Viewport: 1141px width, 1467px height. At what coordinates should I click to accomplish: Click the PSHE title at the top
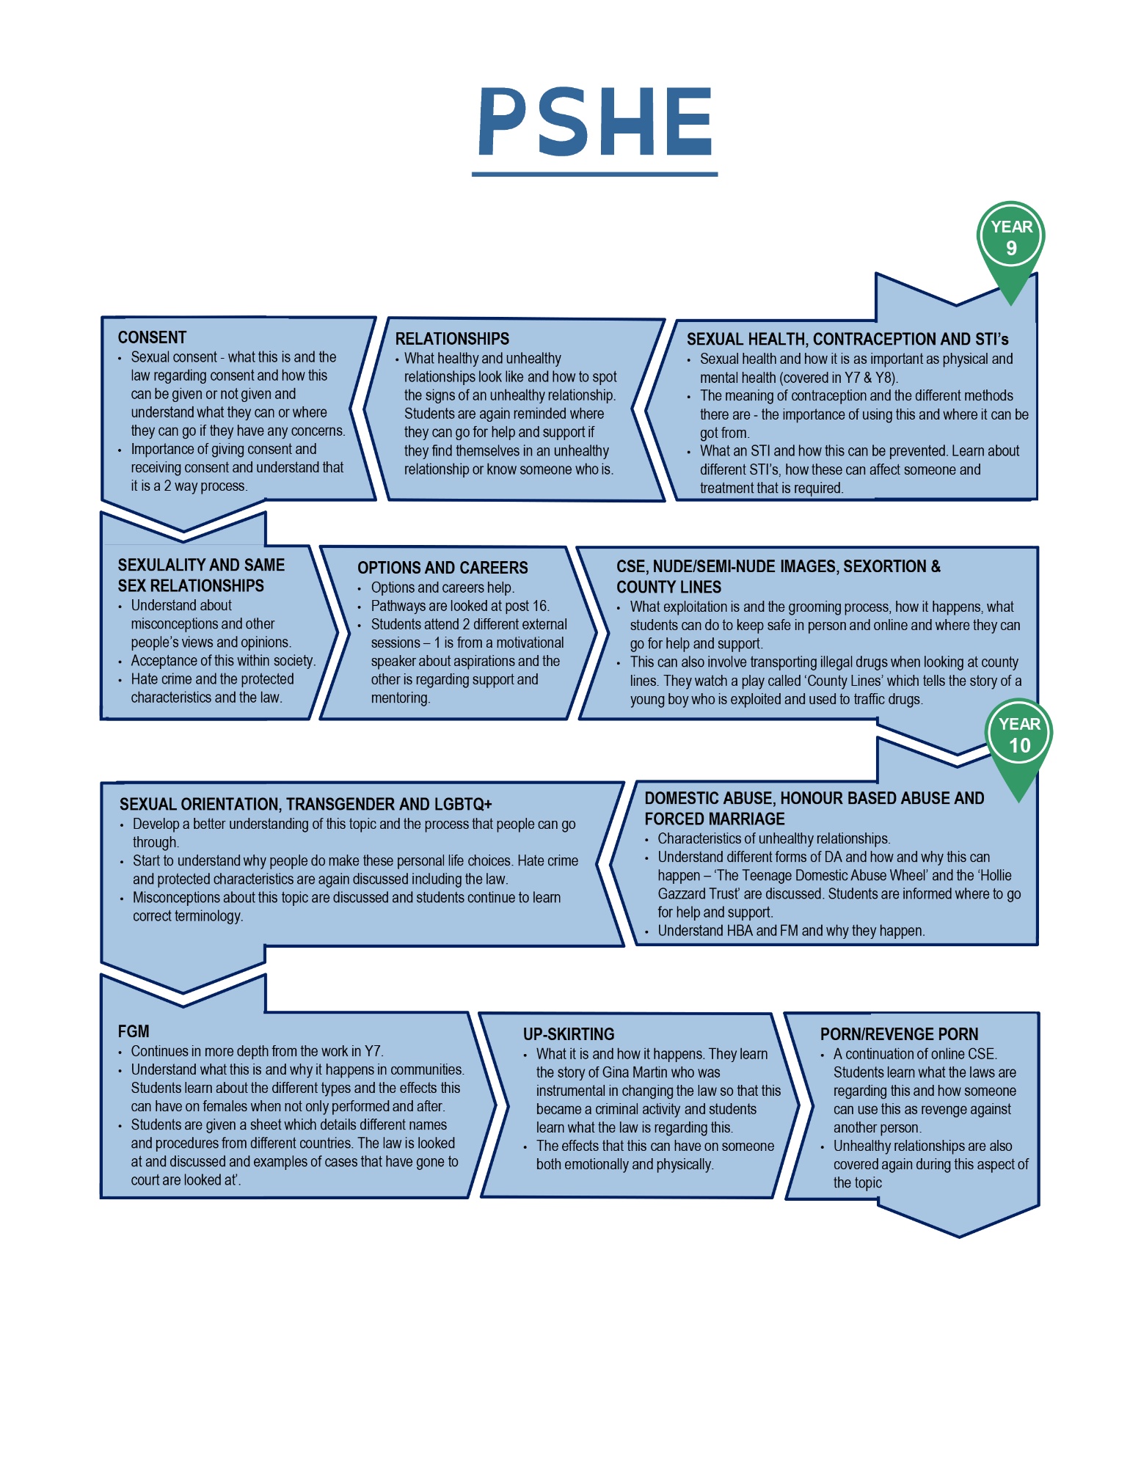595,122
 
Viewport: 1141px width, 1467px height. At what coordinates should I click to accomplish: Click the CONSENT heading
152,337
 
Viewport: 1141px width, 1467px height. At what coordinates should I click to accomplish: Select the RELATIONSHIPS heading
452,339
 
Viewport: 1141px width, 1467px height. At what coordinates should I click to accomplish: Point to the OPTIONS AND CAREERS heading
442,568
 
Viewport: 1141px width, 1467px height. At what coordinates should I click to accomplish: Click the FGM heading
134,1031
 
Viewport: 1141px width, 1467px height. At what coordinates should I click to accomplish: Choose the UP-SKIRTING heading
569,1034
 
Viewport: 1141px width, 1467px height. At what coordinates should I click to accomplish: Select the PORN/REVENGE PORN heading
899,1034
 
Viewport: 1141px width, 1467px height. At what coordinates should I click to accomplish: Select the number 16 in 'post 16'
540,606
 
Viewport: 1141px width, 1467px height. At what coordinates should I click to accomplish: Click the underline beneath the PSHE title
595,174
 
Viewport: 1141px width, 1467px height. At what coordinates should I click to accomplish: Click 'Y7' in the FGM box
373,1051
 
